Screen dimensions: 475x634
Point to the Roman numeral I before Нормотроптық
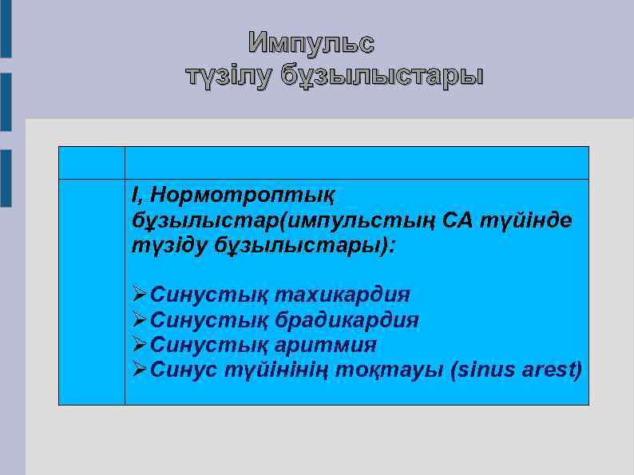coord(136,194)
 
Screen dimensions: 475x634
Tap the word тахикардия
coord(342,295)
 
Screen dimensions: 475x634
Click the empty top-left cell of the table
coord(92,162)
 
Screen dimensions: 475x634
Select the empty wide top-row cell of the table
coord(357,162)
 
